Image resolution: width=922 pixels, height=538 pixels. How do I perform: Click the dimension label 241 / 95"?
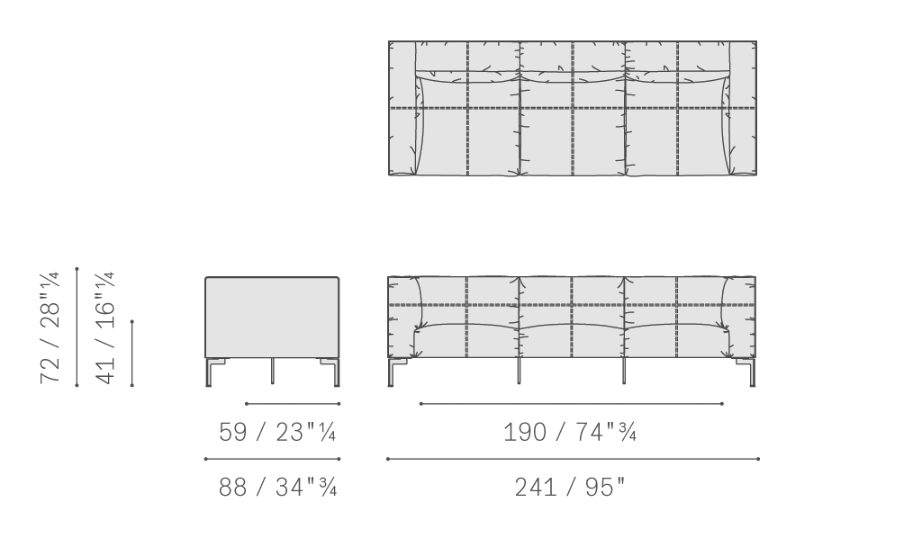570,487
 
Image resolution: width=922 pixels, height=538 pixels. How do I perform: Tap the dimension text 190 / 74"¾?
570,432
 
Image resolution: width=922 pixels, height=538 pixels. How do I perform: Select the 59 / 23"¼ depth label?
277,432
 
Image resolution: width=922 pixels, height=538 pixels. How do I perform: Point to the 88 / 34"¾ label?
277,487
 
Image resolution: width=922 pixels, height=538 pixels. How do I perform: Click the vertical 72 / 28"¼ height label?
50,327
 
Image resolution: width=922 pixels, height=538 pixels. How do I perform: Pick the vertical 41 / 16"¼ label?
105,327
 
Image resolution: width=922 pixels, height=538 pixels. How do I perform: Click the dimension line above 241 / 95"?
573,459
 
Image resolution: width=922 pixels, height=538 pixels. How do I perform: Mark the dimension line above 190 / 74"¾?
572,403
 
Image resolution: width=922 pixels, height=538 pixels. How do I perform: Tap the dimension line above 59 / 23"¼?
293,403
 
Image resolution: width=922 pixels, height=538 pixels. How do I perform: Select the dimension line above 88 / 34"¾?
272,459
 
